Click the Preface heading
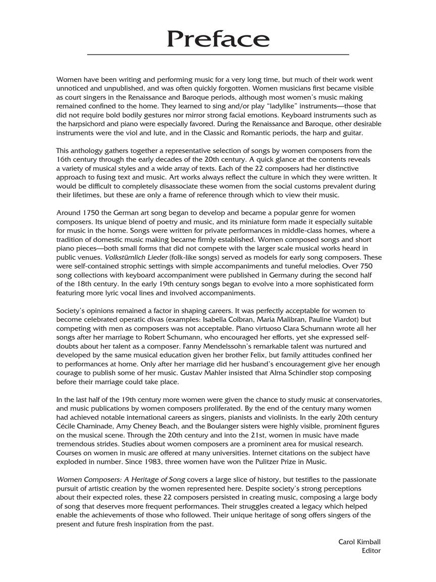point(218,38)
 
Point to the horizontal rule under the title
point(218,54)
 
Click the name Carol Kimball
point(359,542)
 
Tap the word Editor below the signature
point(371,551)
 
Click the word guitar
point(351,132)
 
